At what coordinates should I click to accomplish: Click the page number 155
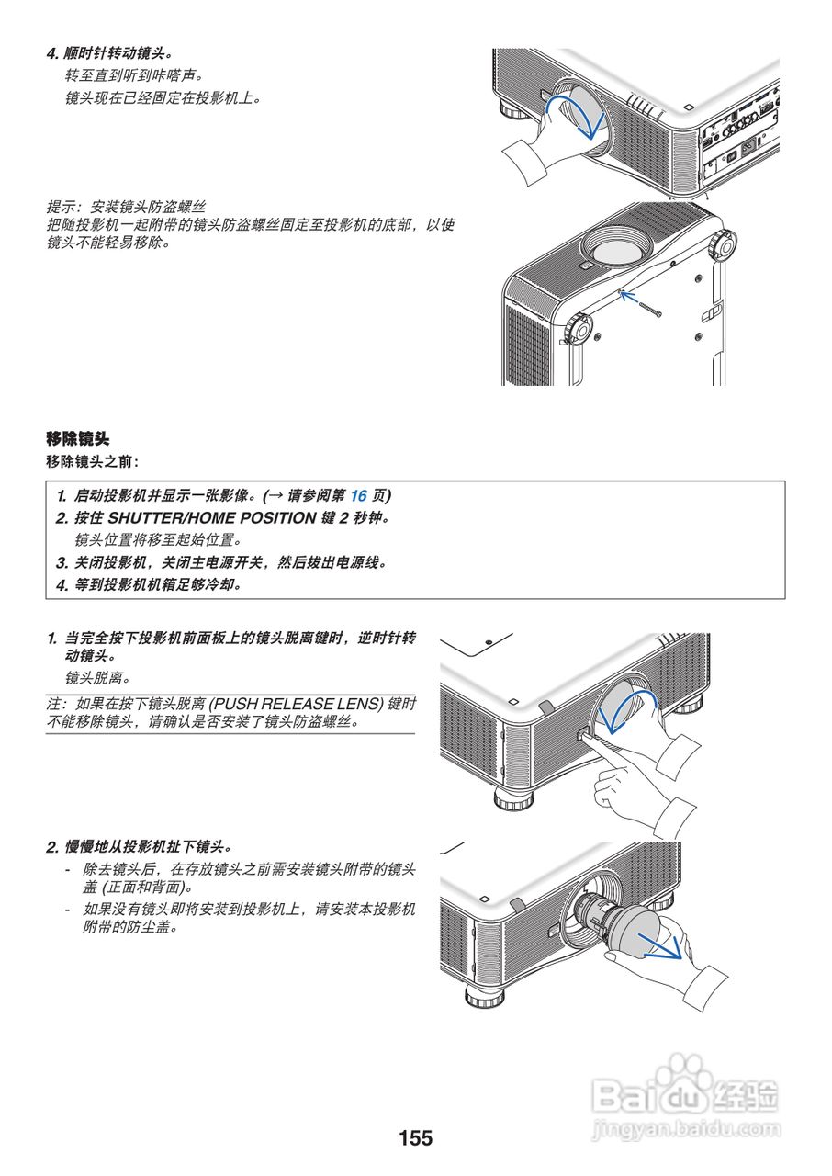pos(415,1138)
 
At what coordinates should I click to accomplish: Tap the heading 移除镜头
pos(78,438)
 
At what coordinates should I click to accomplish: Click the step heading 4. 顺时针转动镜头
pos(110,53)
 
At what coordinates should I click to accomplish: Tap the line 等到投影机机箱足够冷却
pos(147,584)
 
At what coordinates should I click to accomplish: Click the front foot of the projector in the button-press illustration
pos(512,797)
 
